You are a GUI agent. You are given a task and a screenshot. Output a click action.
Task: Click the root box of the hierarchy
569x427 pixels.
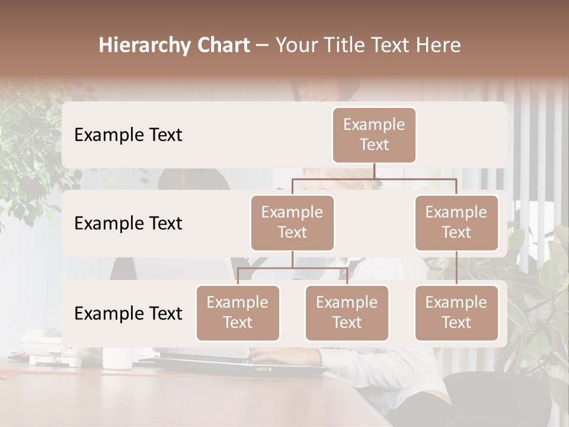point(374,135)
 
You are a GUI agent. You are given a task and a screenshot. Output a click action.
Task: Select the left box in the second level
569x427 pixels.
point(292,222)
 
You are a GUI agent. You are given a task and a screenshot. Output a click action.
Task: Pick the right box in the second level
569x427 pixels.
point(456,222)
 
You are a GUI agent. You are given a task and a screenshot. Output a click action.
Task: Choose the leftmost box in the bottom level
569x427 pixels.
point(238,313)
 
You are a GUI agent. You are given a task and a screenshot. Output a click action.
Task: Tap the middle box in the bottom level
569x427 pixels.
point(347,313)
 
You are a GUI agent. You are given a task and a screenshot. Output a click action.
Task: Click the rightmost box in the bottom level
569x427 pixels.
point(456,313)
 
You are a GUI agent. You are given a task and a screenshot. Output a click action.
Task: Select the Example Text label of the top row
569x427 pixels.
point(128,135)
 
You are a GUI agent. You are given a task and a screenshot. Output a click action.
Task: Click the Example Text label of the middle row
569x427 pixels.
point(128,224)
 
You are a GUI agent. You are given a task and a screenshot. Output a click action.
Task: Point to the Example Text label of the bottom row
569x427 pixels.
point(128,314)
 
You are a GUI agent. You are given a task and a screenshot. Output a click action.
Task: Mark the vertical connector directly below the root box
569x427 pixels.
point(374,171)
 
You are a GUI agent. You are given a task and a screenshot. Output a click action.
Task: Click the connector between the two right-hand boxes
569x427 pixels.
point(456,268)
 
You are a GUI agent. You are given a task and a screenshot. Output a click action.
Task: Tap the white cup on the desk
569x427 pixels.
point(117,358)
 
